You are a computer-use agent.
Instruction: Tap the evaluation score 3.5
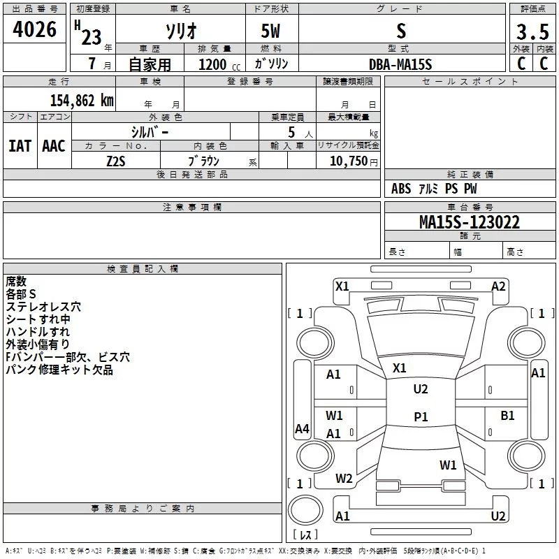click(x=532, y=32)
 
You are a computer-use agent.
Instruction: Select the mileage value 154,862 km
click(x=82, y=99)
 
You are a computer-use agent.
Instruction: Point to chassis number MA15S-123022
click(x=469, y=222)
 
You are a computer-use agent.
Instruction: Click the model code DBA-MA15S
click(x=400, y=64)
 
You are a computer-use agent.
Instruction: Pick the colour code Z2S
click(x=116, y=160)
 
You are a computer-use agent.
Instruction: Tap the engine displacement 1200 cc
click(x=214, y=64)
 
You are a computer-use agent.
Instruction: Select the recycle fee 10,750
click(x=349, y=161)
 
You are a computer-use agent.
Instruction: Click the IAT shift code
click(x=20, y=146)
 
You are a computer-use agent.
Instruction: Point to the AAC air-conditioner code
click(x=54, y=146)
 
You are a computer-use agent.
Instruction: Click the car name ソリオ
click(x=180, y=33)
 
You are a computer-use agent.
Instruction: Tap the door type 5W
click(x=272, y=33)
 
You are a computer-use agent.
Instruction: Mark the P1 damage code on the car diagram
click(x=421, y=416)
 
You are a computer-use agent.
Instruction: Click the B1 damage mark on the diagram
click(x=507, y=416)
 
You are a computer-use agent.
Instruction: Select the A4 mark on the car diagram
click(x=302, y=429)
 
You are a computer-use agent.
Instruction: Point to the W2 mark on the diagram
click(x=344, y=479)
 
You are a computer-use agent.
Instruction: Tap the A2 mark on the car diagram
click(x=498, y=286)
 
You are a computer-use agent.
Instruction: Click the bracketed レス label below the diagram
click(x=305, y=535)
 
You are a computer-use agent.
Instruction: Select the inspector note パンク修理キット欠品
click(x=59, y=370)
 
